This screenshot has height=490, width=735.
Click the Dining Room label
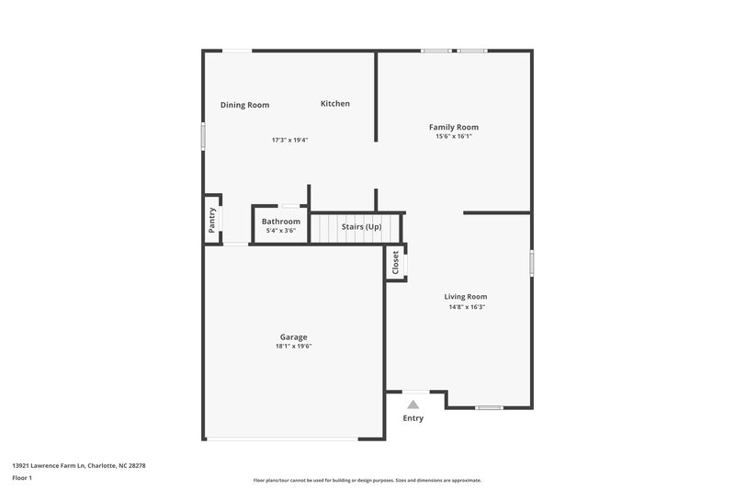[x=244, y=105]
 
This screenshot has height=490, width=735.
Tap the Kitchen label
[x=334, y=104]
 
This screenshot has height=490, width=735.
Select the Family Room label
[x=454, y=127]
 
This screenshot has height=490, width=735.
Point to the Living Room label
[x=465, y=296]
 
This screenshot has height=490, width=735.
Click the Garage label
[x=294, y=336]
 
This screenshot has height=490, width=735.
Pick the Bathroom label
[x=280, y=222]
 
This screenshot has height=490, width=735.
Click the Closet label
[x=396, y=263]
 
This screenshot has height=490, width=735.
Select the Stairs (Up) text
[x=361, y=226]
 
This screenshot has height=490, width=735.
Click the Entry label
[x=413, y=418]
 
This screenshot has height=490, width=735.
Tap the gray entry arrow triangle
[x=413, y=404]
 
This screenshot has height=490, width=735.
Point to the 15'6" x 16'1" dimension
[x=454, y=136]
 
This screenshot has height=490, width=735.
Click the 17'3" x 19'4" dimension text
[x=289, y=141]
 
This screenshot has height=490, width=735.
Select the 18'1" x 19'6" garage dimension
[x=294, y=347]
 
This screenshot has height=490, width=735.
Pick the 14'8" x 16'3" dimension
[x=465, y=306]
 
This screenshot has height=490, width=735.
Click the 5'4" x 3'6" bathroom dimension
[x=280, y=231]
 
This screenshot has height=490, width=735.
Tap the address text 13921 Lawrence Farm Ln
[x=78, y=465]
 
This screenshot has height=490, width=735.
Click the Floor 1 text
[x=22, y=478]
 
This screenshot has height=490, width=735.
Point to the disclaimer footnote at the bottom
[x=367, y=480]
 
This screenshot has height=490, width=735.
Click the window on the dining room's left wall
[x=204, y=135]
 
